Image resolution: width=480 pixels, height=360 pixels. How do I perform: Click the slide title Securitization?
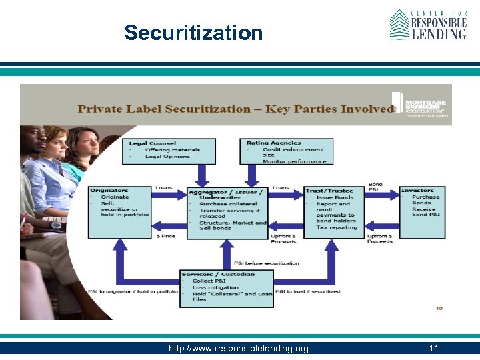(193, 33)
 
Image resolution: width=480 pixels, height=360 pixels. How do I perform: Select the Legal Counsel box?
(172, 151)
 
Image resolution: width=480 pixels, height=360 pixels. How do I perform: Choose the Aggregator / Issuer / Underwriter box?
(227, 212)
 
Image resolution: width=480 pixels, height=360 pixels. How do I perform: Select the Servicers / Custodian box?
(227, 288)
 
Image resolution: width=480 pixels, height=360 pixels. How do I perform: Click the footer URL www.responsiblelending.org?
(239, 349)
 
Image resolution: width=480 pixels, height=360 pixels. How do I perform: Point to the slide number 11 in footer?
(433, 349)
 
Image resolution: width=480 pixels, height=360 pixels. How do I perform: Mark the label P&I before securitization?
(267, 263)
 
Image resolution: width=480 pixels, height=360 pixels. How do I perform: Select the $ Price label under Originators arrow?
(166, 235)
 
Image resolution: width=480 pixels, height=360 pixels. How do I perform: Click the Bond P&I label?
(375, 187)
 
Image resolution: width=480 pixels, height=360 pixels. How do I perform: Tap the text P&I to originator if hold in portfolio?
(133, 291)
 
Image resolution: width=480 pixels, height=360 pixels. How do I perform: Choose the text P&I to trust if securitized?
(307, 291)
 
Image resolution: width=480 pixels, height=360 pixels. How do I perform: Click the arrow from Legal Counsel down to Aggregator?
(201, 175)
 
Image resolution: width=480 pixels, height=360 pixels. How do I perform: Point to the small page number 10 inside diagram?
(439, 308)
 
